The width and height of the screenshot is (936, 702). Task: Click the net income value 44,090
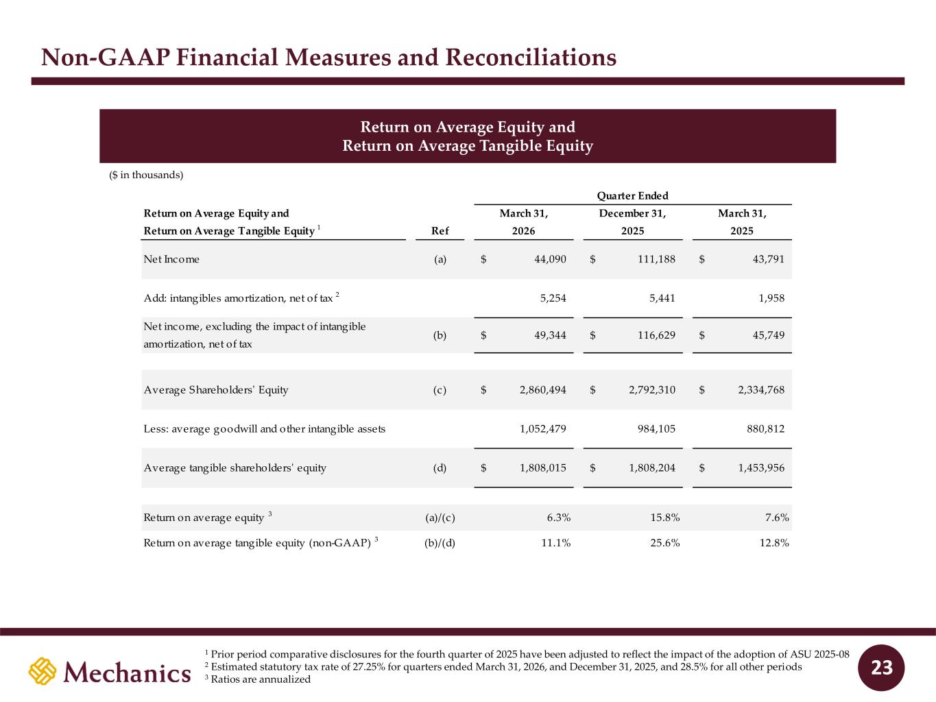pyautogui.click(x=550, y=259)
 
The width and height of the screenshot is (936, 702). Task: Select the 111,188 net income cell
pyautogui.click(x=656, y=259)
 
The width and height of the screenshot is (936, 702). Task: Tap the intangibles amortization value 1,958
pyautogui.click(x=771, y=298)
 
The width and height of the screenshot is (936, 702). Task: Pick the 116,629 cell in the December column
pyautogui.click(x=656, y=335)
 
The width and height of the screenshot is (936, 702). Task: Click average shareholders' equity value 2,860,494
pyautogui.click(x=543, y=389)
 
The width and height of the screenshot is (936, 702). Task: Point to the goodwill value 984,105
pyautogui.click(x=656, y=428)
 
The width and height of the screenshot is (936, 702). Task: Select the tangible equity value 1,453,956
pyautogui.click(x=761, y=468)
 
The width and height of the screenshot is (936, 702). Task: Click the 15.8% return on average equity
pyautogui.click(x=664, y=518)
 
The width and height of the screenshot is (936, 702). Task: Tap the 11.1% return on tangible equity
pyautogui.click(x=555, y=542)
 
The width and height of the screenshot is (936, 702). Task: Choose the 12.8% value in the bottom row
pyautogui.click(x=774, y=542)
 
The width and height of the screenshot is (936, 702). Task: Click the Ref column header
pyautogui.click(x=440, y=230)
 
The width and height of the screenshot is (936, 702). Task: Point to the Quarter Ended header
pyautogui.click(x=632, y=195)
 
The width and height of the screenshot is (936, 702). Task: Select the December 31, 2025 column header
pyautogui.click(x=632, y=221)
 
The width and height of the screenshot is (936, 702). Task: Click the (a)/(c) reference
pyautogui.click(x=440, y=518)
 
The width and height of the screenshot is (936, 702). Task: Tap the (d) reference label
pyautogui.click(x=440, y=468)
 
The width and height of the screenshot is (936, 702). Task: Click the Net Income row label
pyautogui.click(x=171, y=259)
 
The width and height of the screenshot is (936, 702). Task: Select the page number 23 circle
pyautogui.click(x=881, y=668)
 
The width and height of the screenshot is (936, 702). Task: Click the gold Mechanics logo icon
pyautogui.click(x=43, y=671)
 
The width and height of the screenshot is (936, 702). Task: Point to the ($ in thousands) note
pyautogui.click(x=146, y=175)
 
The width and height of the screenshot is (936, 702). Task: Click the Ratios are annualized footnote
pyautogui.click(x=258, y=679)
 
